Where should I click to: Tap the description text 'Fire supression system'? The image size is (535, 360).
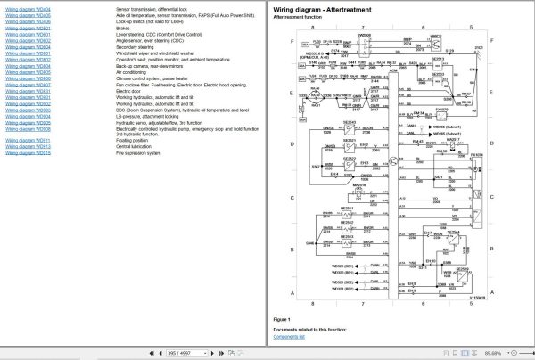click(x=139, y=152)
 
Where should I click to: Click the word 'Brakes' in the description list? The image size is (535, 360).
click(x=124, y=28)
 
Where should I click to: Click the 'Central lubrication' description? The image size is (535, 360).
click(x=136, y=146)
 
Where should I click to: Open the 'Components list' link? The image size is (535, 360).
click(x=291, y=337)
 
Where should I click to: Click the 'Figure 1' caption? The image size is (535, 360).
click(x=283, y=318)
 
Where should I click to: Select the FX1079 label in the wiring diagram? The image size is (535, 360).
click(x=441, y=109)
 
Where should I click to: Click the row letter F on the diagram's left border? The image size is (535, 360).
click(x=292, y=42)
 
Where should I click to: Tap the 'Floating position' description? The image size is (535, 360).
click(x=133, y=140)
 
